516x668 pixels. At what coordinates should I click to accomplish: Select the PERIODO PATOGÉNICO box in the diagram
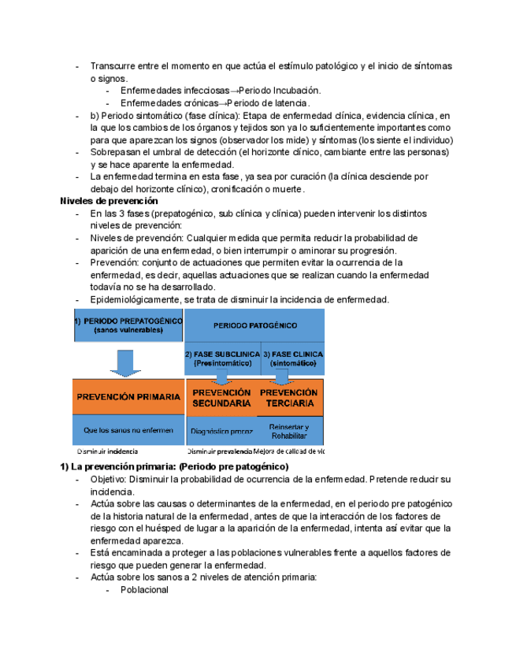(254, 325)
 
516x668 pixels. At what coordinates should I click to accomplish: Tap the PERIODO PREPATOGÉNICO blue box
(128, 325)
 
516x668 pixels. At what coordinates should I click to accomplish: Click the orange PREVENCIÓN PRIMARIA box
(128, 397)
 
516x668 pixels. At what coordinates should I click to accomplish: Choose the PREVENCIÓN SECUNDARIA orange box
(221, 397)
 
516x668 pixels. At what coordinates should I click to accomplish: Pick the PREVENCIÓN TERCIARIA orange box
(289, 397)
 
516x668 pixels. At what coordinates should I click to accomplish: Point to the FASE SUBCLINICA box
(222, 358)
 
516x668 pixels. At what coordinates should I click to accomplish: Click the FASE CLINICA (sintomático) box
(292, 358)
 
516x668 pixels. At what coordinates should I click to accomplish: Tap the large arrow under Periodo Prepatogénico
(124, 362)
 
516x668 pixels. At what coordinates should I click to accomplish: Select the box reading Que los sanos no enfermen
(128, 430)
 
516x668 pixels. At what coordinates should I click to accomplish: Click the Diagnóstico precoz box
(221, 432)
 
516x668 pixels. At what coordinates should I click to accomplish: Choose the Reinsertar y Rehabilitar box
(289, 431)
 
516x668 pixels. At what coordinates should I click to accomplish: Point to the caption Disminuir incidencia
(107, 451)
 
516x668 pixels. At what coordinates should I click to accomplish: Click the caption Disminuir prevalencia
(219, 451)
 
